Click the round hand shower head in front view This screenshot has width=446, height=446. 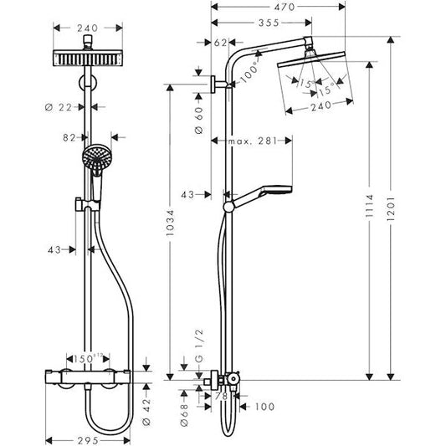pyautogui.click(x=97, y=156)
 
